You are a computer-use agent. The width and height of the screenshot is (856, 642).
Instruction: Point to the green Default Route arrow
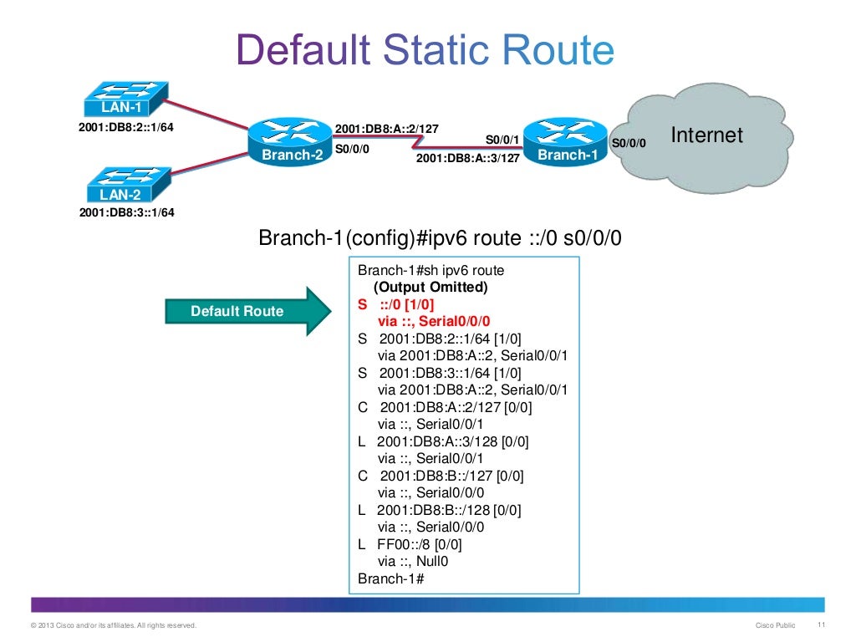[x=250, y=312]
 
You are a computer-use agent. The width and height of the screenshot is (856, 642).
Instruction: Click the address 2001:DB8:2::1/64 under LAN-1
[x=126, y=128]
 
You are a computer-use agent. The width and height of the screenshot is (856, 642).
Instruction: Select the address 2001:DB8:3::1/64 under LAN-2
[x=126, y=212]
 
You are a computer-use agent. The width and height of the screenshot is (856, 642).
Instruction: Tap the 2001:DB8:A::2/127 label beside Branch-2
[x=386, y=129]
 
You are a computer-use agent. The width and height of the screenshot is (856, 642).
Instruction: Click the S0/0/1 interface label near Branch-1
[x=502, y=139]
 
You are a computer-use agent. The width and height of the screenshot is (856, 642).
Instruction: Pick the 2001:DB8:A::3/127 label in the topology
[x=467, y=156]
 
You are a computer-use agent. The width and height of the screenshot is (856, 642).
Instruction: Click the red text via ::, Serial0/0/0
[x=434, y=321]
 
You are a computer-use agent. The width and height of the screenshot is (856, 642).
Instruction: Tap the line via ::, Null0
[x=414, y=561]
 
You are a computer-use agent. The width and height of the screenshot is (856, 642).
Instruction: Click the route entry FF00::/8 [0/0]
[x=410, y=544]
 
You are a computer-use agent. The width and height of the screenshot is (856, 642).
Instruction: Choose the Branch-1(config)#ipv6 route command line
[x=440, y=239]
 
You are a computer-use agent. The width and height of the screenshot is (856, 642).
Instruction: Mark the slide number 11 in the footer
[x=821, y=625]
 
